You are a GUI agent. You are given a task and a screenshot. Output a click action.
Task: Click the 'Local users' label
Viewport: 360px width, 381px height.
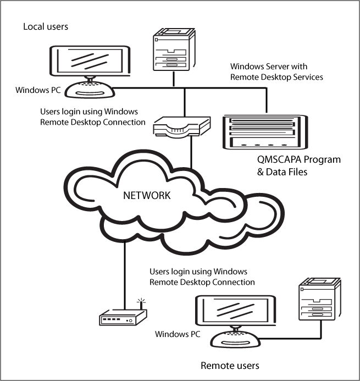pyautogui.click(x=45, y=26)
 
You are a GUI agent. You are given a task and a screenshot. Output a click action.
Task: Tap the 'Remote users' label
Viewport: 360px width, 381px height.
pyautogui.click(x=229, y=365)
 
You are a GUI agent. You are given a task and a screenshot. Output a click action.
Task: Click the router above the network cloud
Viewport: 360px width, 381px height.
pyautogui.click(x=181, y=128)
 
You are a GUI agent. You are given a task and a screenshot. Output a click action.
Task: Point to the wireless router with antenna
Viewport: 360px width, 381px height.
pyautogui.click(x=123, y=318)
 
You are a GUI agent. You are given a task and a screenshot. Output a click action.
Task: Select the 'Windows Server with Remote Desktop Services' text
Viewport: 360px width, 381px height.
pyautogui.click(x=275, y=72)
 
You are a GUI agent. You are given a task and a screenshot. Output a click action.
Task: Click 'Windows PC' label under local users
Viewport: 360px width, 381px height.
pyautogui.click(x=38, y=90)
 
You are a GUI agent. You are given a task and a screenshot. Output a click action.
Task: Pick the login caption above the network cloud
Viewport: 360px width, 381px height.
pyautogui.click(x=93, y=117)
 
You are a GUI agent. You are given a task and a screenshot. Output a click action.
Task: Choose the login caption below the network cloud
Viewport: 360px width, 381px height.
pyautogui.click(x=202, y=277)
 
